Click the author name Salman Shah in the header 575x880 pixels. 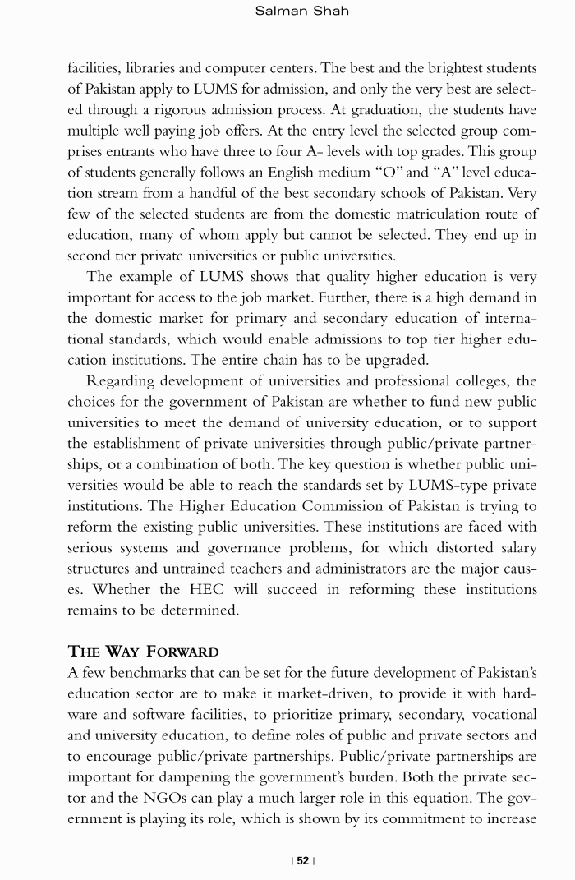click(x=291, y=12)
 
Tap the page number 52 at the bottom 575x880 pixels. click(x=303, y=860)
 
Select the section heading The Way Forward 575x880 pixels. click(x=143, y=652)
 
